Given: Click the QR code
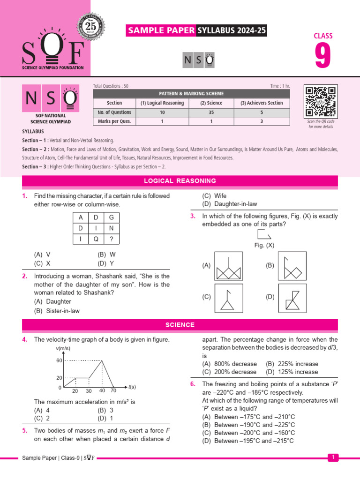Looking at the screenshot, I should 320,102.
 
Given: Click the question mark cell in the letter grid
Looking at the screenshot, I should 111,239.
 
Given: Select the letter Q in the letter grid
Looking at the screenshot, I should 96,239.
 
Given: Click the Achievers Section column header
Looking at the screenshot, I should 262,103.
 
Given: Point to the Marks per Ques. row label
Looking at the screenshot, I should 114,121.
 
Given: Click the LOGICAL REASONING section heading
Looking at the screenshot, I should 180,181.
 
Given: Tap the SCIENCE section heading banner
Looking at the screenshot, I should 180,325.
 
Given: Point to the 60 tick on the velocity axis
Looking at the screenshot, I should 59,360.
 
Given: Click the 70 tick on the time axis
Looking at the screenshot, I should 113,390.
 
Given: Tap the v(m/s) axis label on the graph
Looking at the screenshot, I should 63,349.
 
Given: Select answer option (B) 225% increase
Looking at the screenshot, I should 292,364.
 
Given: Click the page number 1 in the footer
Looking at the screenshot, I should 333,457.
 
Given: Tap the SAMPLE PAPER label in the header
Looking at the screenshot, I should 161,31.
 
